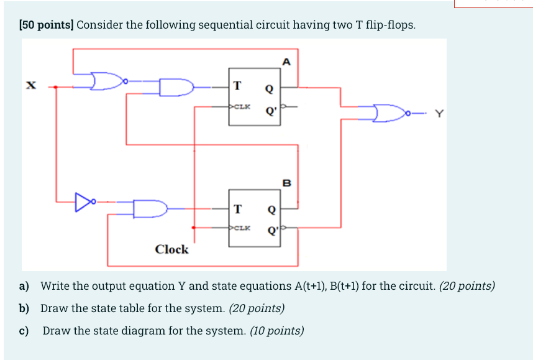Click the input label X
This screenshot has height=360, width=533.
coord(29,86)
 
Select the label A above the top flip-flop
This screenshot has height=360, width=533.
coord(286,61)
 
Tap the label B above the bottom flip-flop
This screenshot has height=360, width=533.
coord(286,182)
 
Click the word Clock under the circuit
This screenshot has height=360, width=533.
coord(171,249)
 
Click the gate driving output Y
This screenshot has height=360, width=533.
coord(389,113)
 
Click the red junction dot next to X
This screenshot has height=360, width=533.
coord(57,87)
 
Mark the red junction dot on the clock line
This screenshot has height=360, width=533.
coord(195,228)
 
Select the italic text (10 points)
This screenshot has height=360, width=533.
coord(276,331)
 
